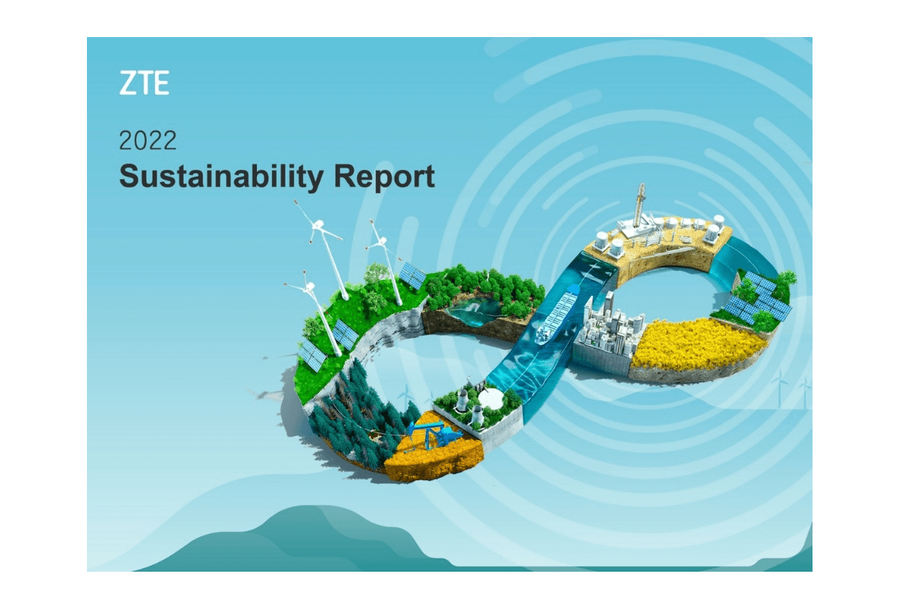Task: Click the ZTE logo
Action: pyautogui.click(x=144, y=83)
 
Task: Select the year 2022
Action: pyautogui.click(x=148, y=141)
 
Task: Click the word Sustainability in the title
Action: pyautogui.click(x=221, y=177)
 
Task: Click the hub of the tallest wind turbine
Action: pyautogui.click(x=318, y=225)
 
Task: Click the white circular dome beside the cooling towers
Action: pyautogui.click(x=491, y=399)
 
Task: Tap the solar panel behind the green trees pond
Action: pyautogui.click(x=412, y=275)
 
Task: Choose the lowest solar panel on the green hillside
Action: pyautogui.click(x=311, y=355)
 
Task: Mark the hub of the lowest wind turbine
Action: pyautogui.click(x=309, y=287)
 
